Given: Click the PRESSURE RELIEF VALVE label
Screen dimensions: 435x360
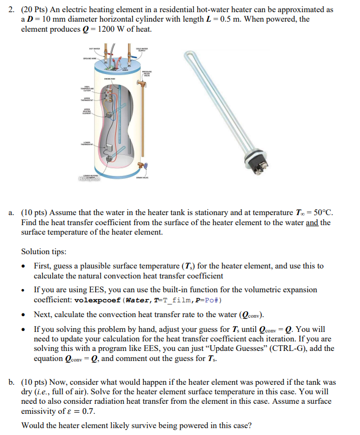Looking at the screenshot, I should (x=146, y=73).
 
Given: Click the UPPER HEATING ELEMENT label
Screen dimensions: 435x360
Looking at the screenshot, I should (x=87, y=112).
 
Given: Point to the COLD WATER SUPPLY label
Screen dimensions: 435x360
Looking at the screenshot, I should (x=141, y=51).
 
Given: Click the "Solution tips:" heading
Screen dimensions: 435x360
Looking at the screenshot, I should (x=44, y=251).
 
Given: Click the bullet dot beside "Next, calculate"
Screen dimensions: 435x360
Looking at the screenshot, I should (x=24, y=314).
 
